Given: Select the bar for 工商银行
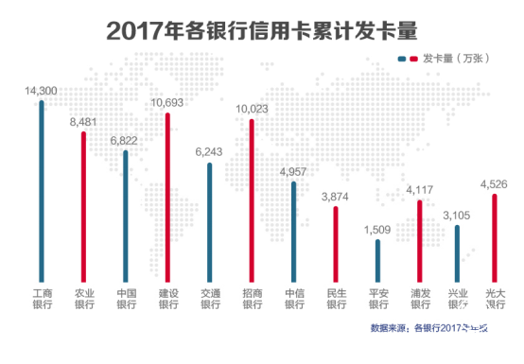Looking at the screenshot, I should [42, 189].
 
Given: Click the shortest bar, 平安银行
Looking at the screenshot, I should [377, 259].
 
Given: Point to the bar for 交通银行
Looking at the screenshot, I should [209, 220].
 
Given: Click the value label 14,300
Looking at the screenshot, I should [42, 91].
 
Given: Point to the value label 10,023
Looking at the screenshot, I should [252, 109].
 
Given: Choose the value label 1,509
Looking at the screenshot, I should [377, 229].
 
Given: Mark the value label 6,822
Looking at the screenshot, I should [125, 140].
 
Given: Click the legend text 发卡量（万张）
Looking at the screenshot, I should [457, 59].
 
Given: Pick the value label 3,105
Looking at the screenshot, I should [458, 216].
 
